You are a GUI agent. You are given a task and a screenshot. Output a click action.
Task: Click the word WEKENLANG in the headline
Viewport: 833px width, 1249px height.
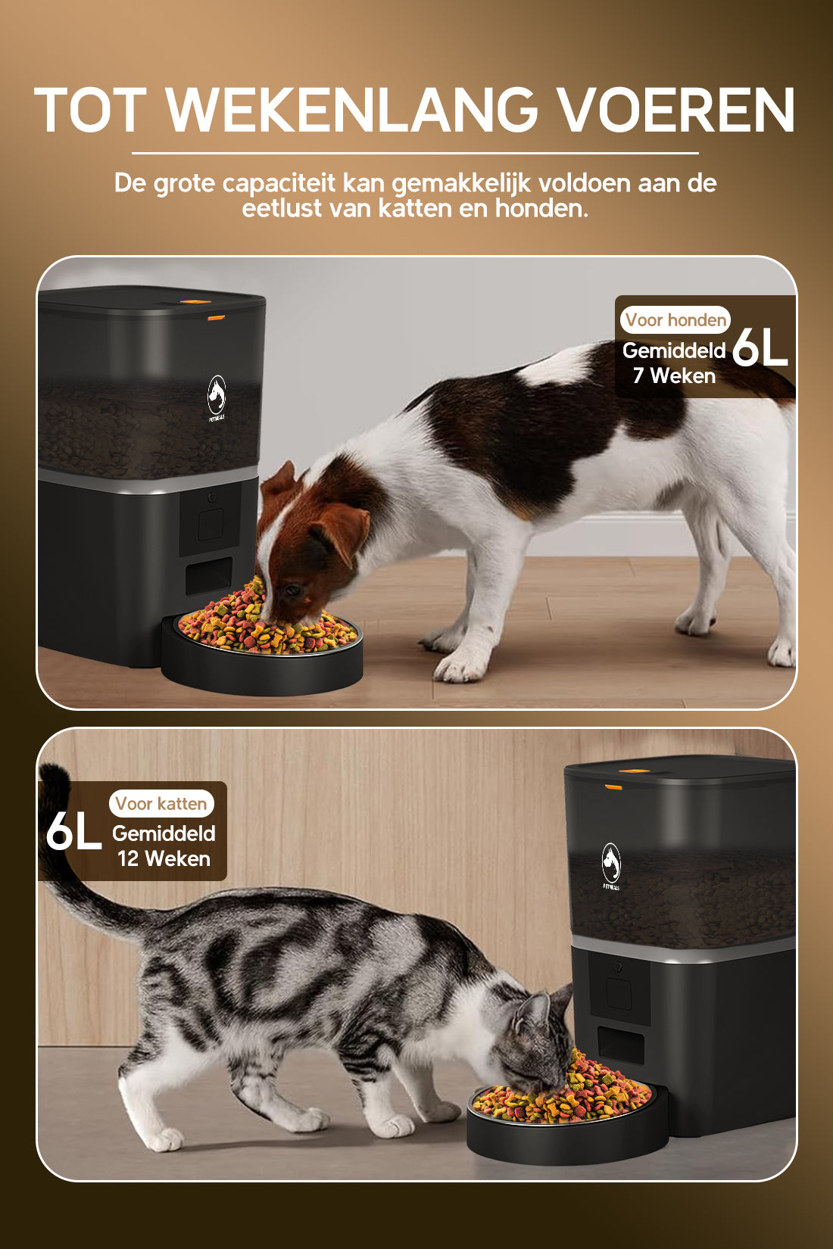click(x=351, y=111)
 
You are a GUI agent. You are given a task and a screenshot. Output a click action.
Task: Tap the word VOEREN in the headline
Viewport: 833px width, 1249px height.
click(x=675, y=111)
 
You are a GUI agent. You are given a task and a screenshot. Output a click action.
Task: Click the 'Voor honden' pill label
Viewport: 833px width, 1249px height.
click(x=675, y=320)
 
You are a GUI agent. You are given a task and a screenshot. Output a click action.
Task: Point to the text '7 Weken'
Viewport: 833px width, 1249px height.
click(x=674, y=376)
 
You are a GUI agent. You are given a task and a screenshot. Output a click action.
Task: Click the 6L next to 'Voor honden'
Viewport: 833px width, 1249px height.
click(x=760, y=348)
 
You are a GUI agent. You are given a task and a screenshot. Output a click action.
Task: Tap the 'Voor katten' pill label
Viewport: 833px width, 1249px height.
click(x=161, y=804)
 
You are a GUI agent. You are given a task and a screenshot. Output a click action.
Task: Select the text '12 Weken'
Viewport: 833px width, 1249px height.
click(x=164, y=859)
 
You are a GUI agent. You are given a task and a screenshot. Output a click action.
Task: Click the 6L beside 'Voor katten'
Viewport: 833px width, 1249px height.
click(x=73, y=831)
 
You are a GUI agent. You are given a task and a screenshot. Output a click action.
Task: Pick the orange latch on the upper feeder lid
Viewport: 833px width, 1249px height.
click(x=217, y=317)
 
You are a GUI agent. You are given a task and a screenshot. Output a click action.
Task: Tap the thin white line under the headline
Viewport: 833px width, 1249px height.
click(x=415, y=153)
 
